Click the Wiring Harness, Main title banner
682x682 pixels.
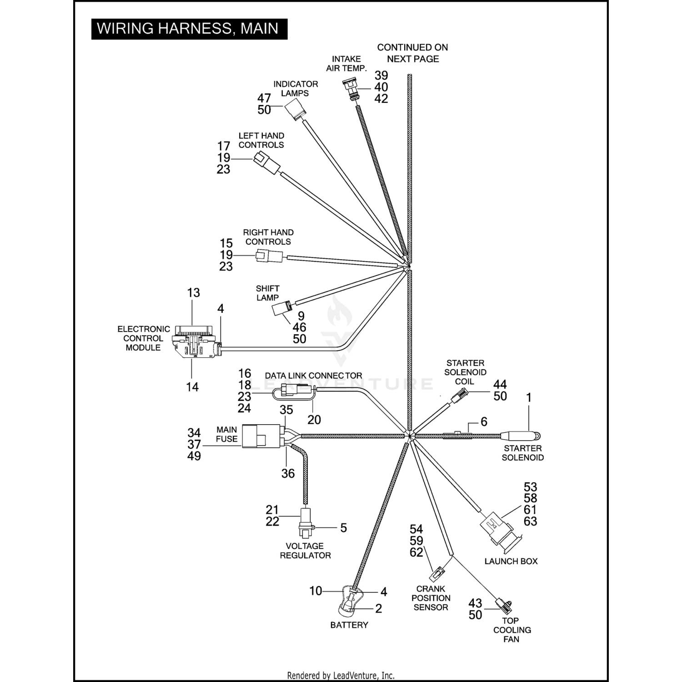point(189,29)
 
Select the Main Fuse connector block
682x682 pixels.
point(261,436)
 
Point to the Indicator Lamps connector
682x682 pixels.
point(295,110)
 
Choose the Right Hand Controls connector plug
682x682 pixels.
point(269,256)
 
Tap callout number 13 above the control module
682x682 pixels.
point(194,293)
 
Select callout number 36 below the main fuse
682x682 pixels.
point(288,473)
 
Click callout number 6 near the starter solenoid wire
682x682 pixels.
point(484,422)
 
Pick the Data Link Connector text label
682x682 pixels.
point(313,376)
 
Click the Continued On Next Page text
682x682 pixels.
point(412,53)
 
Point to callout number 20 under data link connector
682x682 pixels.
point(314,420)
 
